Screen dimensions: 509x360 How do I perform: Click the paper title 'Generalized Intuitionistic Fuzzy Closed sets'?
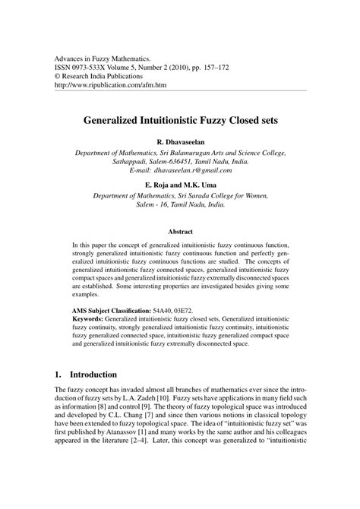180,119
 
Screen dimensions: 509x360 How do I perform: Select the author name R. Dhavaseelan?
180,141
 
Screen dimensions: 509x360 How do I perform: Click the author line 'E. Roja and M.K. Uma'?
180,185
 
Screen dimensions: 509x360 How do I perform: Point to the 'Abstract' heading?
180,231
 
